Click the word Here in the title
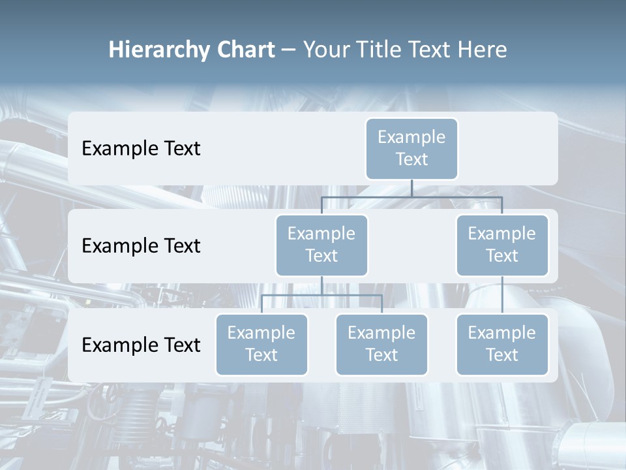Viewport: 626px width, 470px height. (481, 50)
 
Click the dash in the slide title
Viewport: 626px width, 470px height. (288, 50)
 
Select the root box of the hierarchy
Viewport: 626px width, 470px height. (411, 148)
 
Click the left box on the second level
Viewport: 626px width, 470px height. (321, 245)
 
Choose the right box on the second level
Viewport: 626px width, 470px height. (502, 245)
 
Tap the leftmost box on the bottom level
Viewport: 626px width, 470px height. (261, 344)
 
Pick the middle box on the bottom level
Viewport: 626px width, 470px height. (381, 344)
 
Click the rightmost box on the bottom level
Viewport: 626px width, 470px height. (502, 344)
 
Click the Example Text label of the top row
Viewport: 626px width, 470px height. (141, 149)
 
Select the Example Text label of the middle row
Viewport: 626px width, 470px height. (141, 246)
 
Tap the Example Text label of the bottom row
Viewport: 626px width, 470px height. (141, 345)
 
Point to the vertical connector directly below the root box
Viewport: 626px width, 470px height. (411, 188)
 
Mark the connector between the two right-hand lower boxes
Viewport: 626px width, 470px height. (502, 294)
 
